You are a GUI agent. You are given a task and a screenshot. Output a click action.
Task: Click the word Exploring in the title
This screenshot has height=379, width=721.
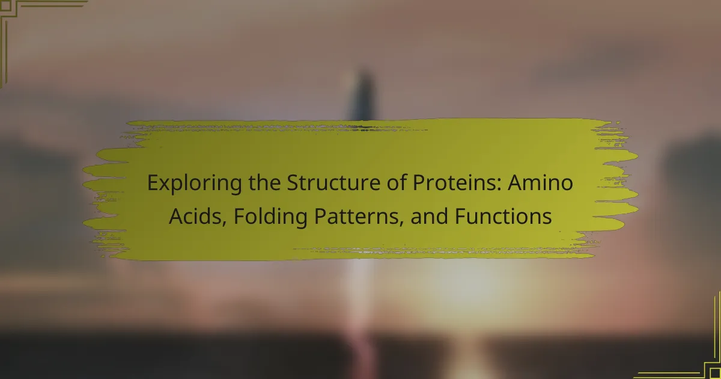(x=195, y=183)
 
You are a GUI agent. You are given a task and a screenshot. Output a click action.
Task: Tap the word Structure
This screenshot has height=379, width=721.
(x=333, y=183)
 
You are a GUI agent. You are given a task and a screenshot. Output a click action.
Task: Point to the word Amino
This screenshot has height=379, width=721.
(x=541, y=182)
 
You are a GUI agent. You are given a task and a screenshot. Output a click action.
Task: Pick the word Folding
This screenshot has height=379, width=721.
(x=270, y=217)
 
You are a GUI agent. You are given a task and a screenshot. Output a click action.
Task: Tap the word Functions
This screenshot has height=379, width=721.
(x=503, y=216)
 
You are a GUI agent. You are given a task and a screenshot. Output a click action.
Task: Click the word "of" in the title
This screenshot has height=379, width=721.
(x=397, y=182)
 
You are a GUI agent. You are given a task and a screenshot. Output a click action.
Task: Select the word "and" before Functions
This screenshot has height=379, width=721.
(x=429, y=216)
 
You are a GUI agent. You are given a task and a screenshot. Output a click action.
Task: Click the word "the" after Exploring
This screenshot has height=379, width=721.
(x=264, y=182)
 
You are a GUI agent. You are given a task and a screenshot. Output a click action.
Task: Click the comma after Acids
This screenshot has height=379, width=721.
(x=224, y=222)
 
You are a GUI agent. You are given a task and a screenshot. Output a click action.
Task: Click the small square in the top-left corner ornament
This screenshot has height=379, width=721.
(x=6, y=6)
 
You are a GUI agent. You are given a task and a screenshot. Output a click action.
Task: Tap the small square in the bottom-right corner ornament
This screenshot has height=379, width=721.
(x=714, y=373)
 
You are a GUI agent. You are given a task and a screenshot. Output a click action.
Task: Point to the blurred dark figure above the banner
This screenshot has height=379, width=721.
(x=364, y=94)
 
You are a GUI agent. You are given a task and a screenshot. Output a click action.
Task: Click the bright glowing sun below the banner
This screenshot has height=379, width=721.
(x=470, y=283)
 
